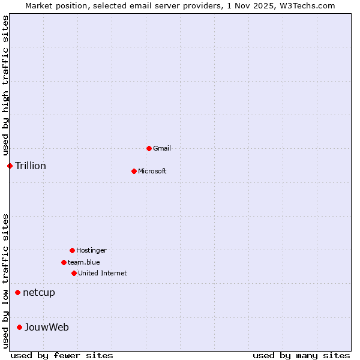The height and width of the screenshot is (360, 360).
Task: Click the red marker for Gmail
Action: point(149,148)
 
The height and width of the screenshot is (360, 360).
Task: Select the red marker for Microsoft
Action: point(134,171)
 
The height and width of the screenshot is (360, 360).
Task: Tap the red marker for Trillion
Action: point(10,166)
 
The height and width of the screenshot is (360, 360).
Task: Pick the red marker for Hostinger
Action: point(72,250)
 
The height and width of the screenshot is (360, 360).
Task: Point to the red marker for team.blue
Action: point(64,262)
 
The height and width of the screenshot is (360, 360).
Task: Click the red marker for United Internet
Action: point(74,273)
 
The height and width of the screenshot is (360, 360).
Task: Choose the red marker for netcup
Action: point(17,292)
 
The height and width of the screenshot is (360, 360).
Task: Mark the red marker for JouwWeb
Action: point(19,327)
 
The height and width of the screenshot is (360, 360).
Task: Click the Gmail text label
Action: point(162,148)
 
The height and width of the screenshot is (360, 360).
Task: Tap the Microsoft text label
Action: point(152,171)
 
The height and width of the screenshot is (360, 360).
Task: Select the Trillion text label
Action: point(31,166)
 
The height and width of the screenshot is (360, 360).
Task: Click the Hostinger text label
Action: point(91,250)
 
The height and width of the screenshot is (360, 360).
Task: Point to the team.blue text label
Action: point(84,262)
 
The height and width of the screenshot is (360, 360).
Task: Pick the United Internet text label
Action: point(103,273)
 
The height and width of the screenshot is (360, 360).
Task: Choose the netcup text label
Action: point(39,292)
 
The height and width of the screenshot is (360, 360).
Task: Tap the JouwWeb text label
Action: point(47,327)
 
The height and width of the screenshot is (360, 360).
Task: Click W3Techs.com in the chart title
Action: point(306,5)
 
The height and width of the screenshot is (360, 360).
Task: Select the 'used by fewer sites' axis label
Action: point(62,355)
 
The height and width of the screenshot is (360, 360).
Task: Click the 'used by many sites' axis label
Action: point(301,355)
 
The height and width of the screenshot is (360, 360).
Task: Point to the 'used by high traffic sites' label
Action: point(5,85)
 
